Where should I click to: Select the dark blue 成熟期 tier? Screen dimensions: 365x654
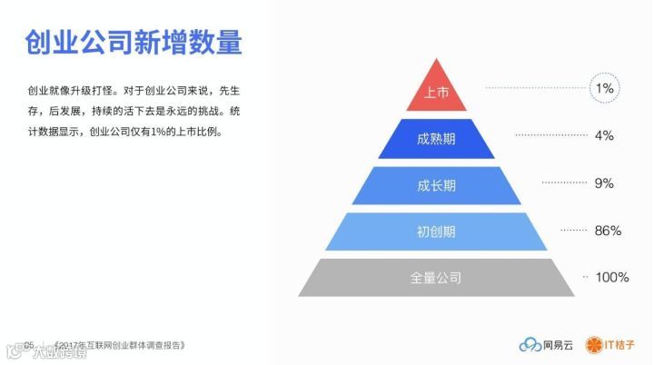(x=437, y=138)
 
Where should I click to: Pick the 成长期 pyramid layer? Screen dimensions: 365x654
(x=437, y=185)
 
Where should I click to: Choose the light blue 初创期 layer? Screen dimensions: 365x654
(x=437, y=232)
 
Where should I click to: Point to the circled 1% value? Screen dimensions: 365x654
(x=605, y=88)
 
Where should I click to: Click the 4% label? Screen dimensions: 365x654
(x=605, y=135)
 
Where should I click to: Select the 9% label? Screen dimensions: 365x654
(x=605, y=182)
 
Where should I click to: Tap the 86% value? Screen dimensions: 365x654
(x=608, y=231)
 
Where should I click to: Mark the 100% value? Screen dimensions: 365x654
(x=611, y=277)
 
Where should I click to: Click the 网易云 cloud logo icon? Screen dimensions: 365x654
(x=530, y=345)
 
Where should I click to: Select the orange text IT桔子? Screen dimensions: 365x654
(x=619, y=345)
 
